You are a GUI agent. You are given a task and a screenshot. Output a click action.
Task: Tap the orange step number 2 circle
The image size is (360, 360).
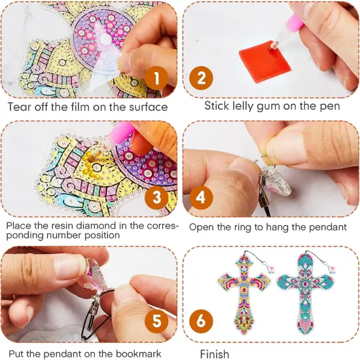point(202,80)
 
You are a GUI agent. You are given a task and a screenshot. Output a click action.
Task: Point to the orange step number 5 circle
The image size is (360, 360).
point(156,321)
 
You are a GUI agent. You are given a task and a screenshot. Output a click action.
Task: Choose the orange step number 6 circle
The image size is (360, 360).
point(201,321)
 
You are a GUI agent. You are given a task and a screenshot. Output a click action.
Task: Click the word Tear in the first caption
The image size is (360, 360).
point(20,106)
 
